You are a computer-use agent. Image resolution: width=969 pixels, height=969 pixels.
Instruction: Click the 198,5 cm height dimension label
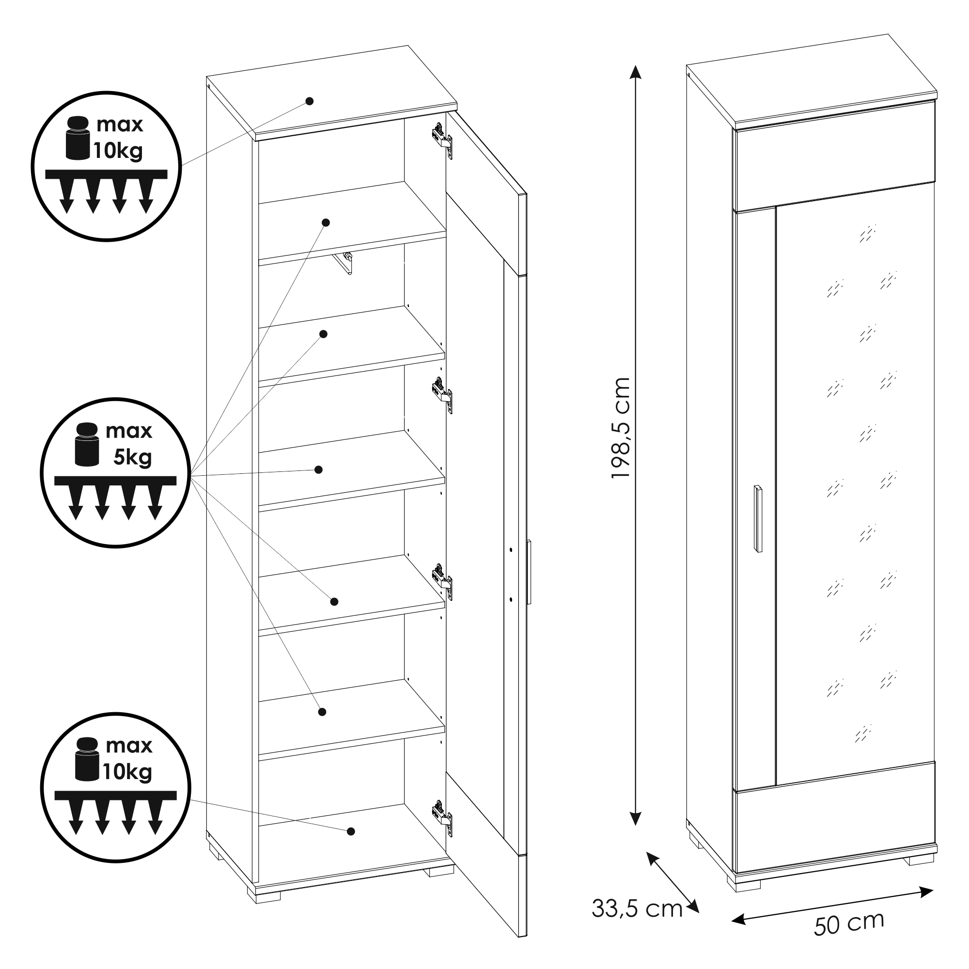[621, 428]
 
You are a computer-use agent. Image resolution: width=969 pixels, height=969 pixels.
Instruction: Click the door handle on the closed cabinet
[757, 518]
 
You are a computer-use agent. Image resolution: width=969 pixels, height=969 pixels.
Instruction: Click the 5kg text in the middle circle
[132, 457]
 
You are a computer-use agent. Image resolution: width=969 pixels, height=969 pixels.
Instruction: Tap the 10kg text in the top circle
[118, 151]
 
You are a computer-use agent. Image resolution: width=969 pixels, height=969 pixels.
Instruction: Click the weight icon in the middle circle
[87, 444]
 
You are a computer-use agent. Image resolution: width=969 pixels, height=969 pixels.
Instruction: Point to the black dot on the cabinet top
[310, 101]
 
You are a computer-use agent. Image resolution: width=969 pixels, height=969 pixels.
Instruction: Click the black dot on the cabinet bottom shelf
[351, 831]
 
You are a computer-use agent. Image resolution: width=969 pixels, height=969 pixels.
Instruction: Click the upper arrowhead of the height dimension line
[636, 72]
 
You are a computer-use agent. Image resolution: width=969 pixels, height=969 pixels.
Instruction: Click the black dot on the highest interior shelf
[326, 222]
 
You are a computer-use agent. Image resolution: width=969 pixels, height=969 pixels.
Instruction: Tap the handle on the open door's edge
[529, 572]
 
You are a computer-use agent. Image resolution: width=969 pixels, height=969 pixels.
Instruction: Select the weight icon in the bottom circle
[87, 759]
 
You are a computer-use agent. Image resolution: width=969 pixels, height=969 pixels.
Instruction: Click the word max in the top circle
[120, 125]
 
